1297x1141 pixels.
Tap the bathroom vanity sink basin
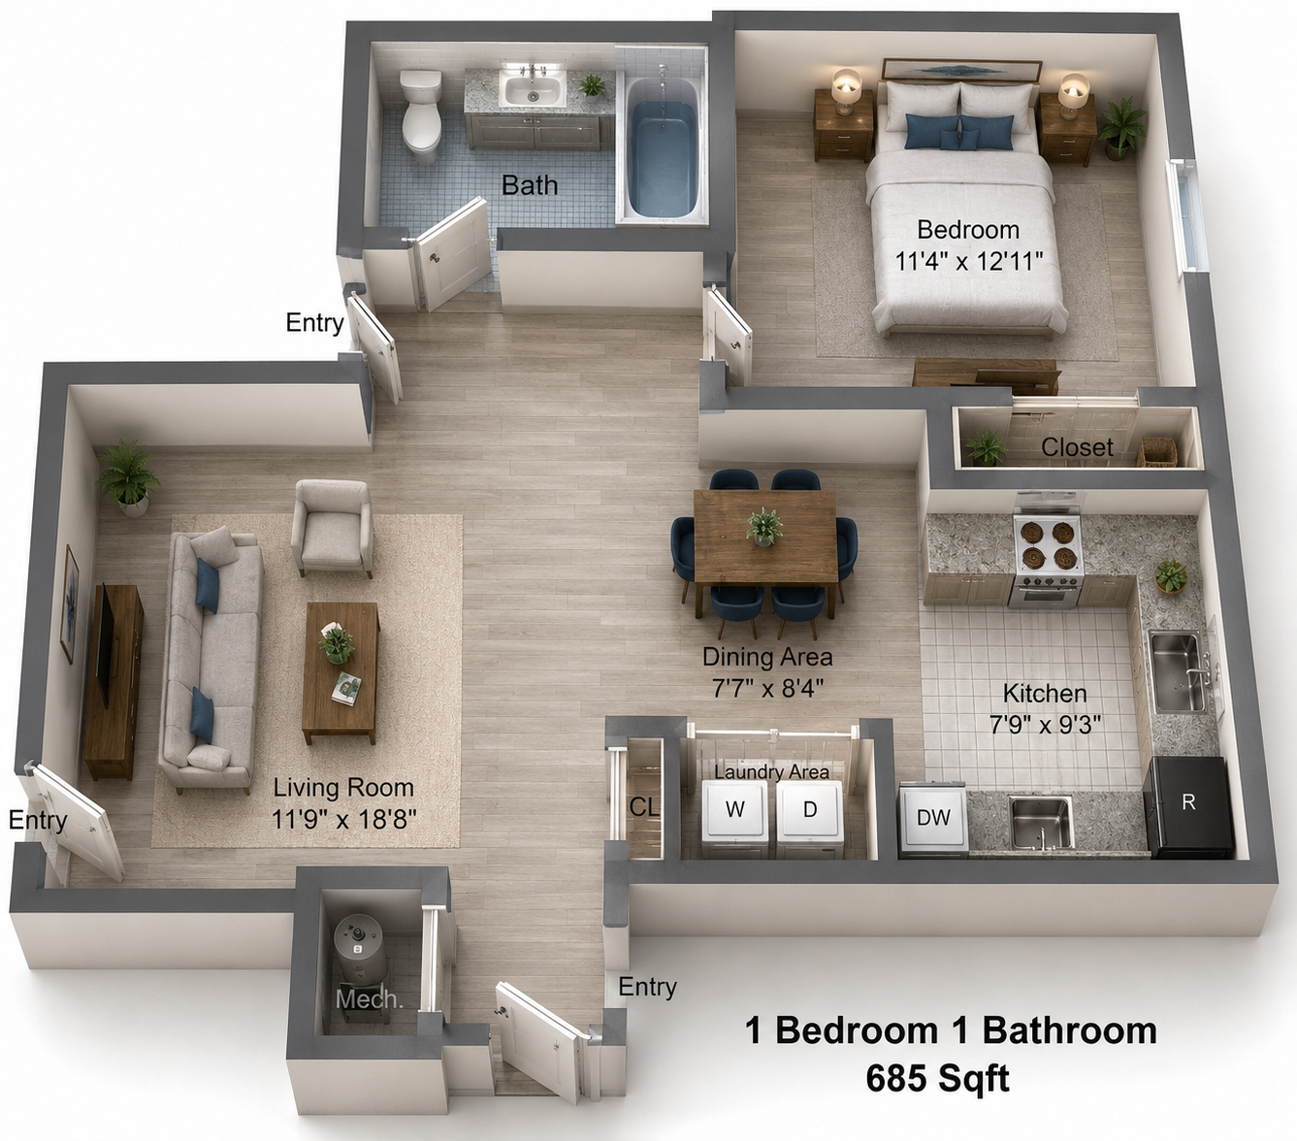533,90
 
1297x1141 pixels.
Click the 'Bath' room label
530,185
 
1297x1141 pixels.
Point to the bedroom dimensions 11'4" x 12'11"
968,261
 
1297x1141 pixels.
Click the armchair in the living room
332,528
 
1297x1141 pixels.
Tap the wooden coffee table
340,672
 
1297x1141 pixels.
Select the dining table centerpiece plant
763,526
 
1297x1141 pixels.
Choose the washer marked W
735,818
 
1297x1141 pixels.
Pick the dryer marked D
810,818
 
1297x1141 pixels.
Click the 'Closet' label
1078,447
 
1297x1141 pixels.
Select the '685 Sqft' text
938,1078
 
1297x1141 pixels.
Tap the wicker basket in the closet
1157,451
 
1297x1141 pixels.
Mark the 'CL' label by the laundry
644,807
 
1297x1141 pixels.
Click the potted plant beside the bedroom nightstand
1120,129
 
